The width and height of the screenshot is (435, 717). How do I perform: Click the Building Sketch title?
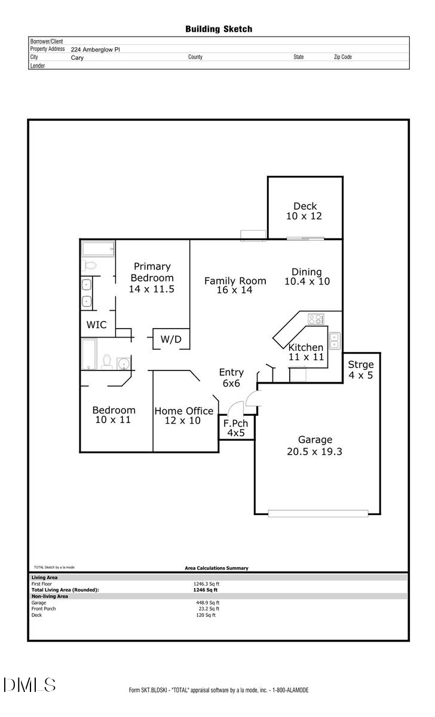pos(218,29)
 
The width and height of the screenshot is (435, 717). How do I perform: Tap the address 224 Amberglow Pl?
pos(96,50)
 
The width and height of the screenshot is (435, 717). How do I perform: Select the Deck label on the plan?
pos(305,207)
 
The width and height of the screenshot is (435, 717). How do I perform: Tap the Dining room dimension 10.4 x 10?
pos(307,281)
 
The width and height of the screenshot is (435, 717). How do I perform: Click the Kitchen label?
pos(306,348)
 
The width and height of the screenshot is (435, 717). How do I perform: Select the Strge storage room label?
pos(361,364)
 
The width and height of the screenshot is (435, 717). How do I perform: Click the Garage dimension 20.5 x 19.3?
pos(314,452)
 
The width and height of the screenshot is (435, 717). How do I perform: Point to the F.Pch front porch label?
pos(235,424)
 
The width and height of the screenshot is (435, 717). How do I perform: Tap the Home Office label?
pos(184,411)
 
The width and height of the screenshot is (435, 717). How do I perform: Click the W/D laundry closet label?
pos(171,339)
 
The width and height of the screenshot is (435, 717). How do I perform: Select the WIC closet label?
pos(97,325)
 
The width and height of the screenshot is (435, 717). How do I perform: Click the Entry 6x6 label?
pos(231,373)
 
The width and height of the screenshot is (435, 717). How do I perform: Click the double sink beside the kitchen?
pos(335,341)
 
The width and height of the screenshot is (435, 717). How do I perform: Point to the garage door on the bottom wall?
pos(318,513)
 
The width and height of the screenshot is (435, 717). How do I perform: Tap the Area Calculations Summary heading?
pos(216,568)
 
